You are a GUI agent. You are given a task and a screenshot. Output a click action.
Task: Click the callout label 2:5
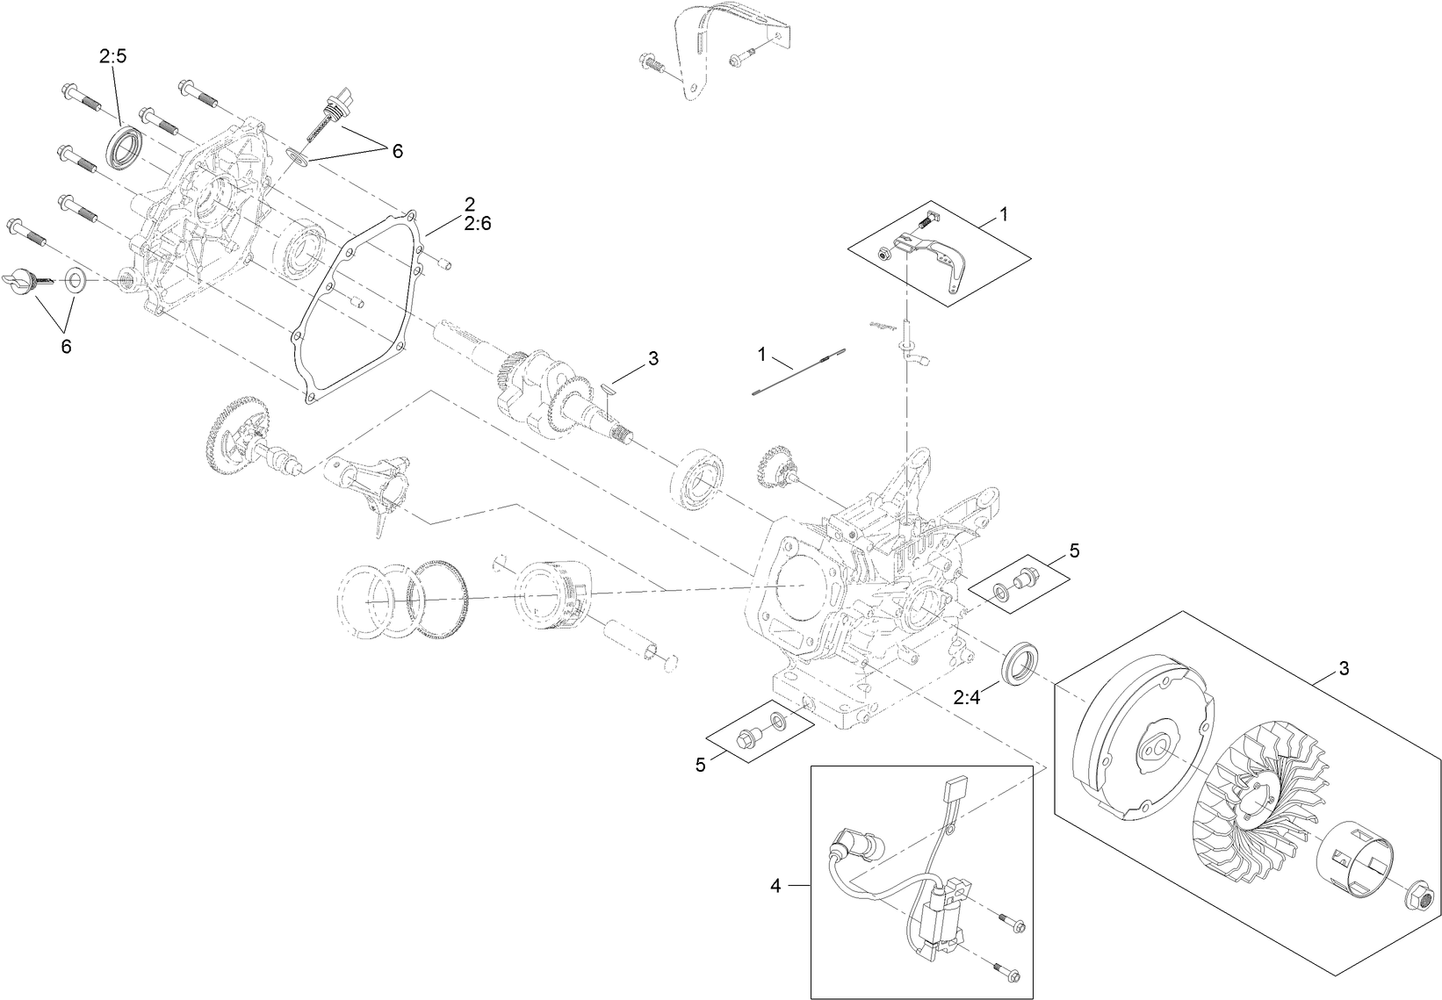coord(112,57)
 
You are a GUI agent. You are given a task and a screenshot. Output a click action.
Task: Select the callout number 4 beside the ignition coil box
coord(775,886)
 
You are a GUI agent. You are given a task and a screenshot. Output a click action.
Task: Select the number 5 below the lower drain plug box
coord(700,765)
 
